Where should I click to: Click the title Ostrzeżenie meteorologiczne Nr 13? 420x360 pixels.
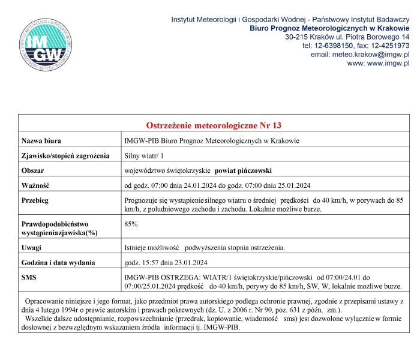tap(214, 125)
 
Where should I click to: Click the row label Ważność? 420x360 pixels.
tap(35, 185)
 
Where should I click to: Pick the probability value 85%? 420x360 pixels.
tap(131, 224)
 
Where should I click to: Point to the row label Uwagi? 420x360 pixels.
tap(31, 248)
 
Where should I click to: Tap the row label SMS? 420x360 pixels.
tap(29, 278)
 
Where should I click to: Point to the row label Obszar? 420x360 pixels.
tap(32, 170)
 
